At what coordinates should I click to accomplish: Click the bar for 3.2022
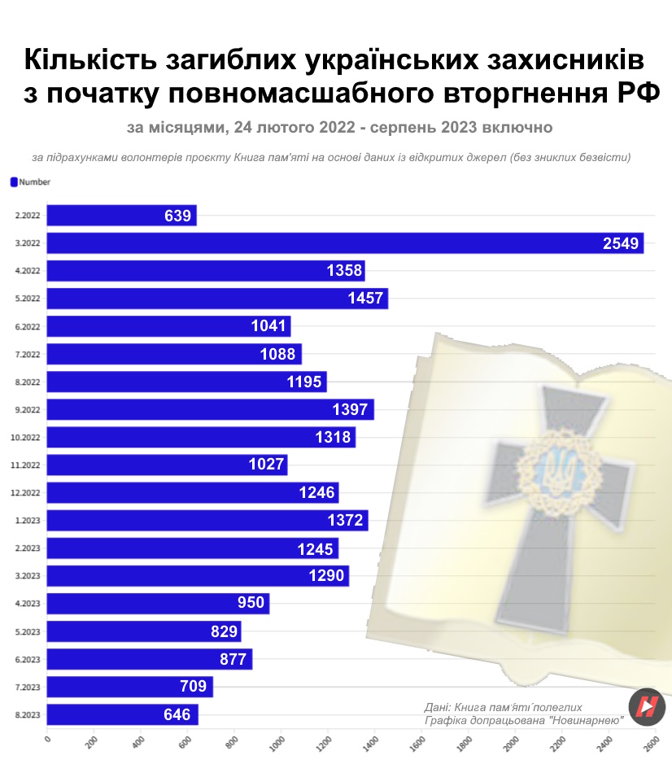tap(345, 242)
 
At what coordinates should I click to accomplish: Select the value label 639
tap(177, 216)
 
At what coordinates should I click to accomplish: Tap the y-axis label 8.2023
tap(28, 715)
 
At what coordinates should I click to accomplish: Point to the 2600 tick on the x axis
tap(651, 743)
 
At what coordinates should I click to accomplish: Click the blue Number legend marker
tap(14, 182)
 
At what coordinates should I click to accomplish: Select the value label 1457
tap(364, 299)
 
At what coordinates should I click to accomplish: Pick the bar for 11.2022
tap(167, 465)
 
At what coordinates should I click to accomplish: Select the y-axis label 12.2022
tap(27, 493)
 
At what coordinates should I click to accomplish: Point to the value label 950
tap(251, 603)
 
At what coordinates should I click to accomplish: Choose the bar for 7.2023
tap(129, 687)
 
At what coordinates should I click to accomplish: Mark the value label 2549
tap(621, 243)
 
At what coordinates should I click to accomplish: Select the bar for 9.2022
tap(210, 409)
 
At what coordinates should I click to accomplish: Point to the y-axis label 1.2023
tap(28, 521)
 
